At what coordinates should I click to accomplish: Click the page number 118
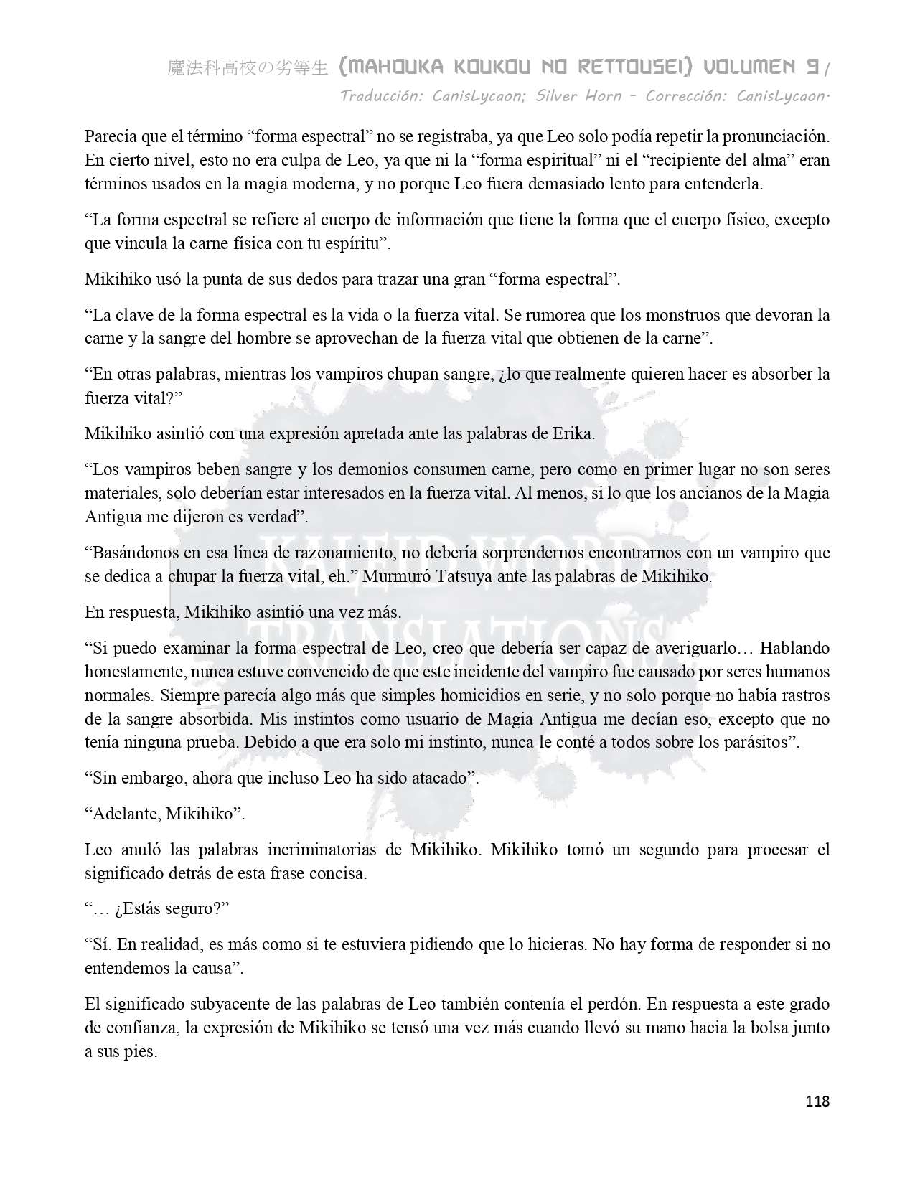817,1101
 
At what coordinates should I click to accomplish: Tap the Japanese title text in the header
248,68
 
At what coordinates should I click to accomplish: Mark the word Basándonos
135,553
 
